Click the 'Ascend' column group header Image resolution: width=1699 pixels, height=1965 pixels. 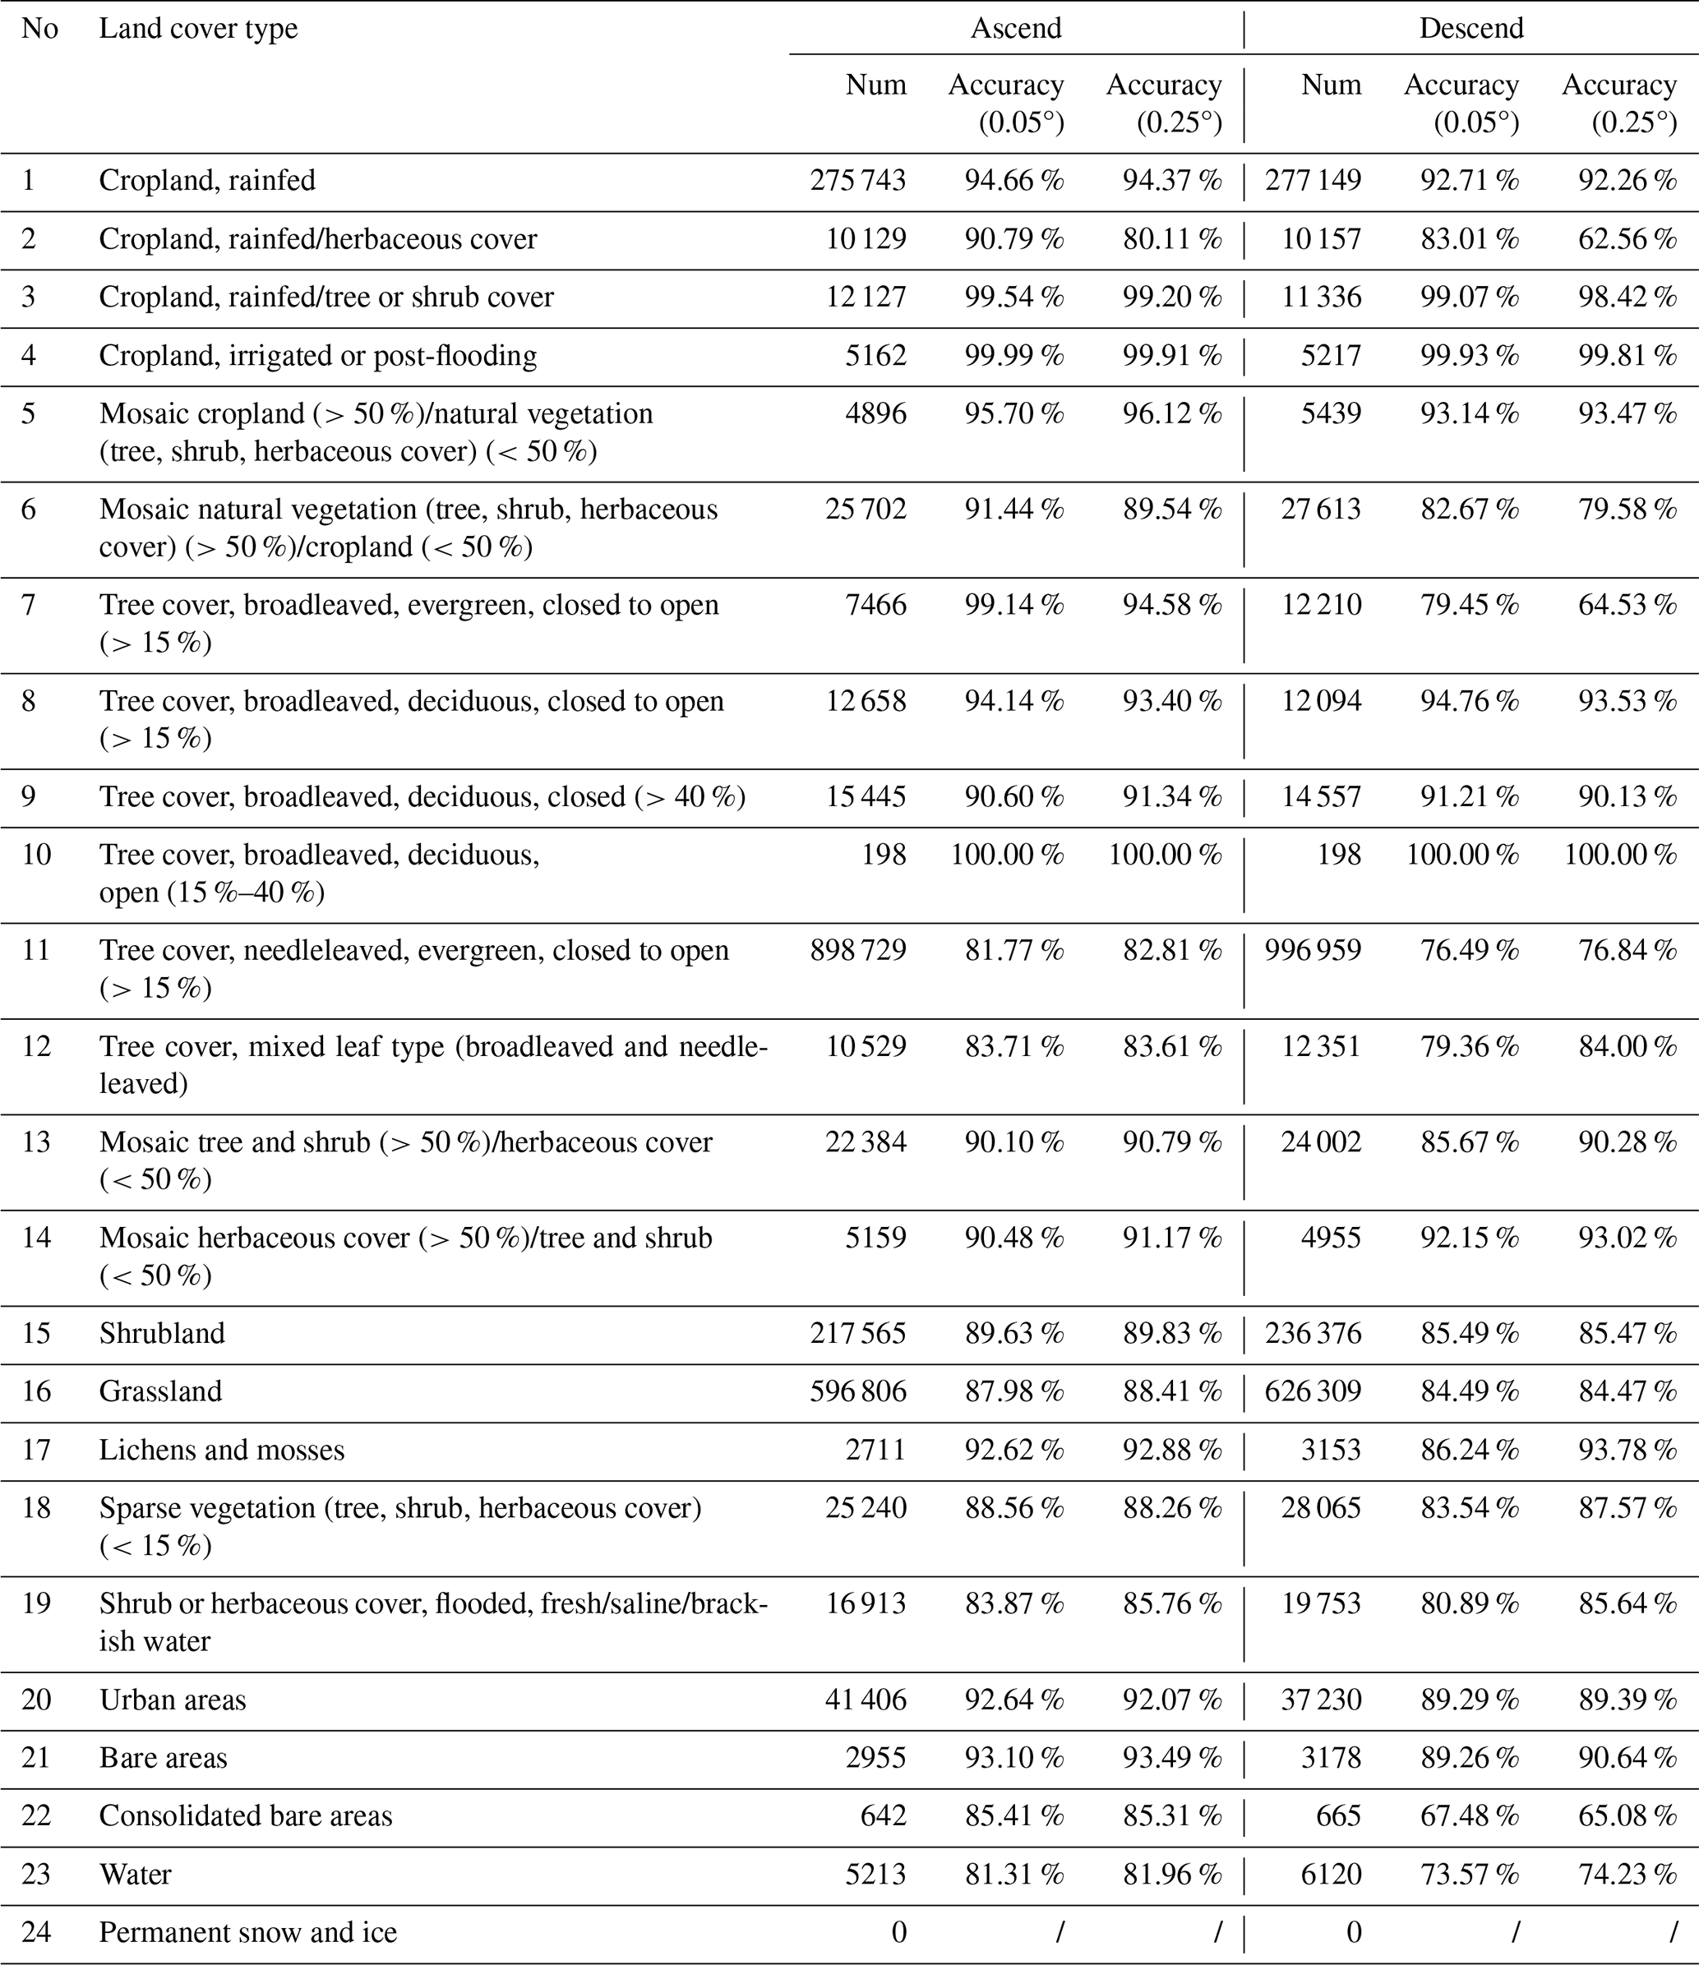[x=1015, y=29]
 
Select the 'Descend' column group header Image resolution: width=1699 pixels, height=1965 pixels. [x=1470, y=29]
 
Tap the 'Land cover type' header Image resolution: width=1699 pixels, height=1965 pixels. [x=198, y=29]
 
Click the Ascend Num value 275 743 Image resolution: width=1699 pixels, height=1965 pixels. [x=857, y=180]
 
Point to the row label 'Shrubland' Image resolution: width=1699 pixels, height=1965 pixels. [x=162, y=1333]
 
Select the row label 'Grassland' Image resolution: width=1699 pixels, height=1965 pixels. [x=160, y=1391]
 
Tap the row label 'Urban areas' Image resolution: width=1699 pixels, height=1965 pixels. [x=173, y=1700]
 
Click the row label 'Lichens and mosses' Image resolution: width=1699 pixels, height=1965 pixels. [x=222, y=1450]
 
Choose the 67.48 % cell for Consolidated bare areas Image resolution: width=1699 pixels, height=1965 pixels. [x=1470, y=1815]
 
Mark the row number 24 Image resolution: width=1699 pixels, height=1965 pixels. [x=36, y=1932]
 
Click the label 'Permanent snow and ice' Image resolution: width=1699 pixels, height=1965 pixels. [x=247, y=1932]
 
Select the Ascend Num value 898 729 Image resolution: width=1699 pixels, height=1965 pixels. [x=857, y=950]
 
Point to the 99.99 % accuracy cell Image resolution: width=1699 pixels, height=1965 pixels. [x=1014, y=356]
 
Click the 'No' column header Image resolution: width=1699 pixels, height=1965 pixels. [x=39, y=29]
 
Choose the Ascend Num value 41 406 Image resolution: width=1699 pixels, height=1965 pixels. [x=866, y=1700]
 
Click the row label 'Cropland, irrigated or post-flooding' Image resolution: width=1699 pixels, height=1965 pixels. [x=318, y=356]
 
